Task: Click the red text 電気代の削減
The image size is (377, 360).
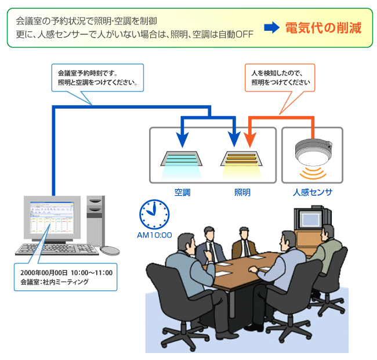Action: point(323,28)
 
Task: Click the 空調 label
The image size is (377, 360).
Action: point(183,192)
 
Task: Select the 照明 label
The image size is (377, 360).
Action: point(242,192)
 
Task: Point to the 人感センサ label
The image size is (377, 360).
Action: point(313,192)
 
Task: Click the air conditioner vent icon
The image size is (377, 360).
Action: point(182,160)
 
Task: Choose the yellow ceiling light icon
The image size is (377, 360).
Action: point(242,160)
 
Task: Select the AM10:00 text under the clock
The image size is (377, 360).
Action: point(154,235)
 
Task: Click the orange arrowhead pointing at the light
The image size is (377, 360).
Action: point(248,140)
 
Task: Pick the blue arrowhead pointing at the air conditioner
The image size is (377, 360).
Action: point(182,140)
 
